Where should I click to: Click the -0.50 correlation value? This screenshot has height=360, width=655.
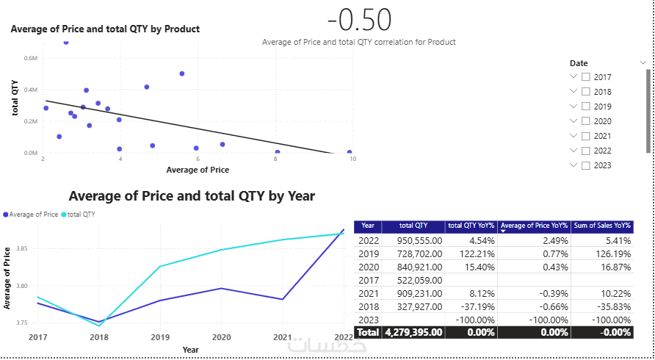(x=359, y=20)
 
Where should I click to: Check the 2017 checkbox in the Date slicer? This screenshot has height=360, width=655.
(x=586, y=77)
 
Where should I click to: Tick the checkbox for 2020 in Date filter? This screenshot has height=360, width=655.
(x=586, y=121)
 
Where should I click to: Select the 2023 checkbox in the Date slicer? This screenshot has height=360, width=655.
(x=586, y=165)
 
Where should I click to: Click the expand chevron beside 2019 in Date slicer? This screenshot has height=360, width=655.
(x=573, y=106)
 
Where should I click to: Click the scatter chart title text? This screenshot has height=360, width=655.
(x=105, y=29)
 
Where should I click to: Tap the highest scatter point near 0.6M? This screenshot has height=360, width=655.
(x=66, y=43)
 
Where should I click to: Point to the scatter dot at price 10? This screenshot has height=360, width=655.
(x=349, y=153)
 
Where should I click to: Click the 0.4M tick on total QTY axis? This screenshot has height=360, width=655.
(x=31, y=90)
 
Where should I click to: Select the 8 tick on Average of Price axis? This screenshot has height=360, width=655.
(x=276, y=159)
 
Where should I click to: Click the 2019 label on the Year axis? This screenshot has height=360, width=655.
(x=160, y=336)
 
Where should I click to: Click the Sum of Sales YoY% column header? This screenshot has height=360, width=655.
(x=601, y=226)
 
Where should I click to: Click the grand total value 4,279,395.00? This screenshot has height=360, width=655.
(x=413, y=332)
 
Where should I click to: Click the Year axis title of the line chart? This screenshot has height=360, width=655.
(x=190, y=349)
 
